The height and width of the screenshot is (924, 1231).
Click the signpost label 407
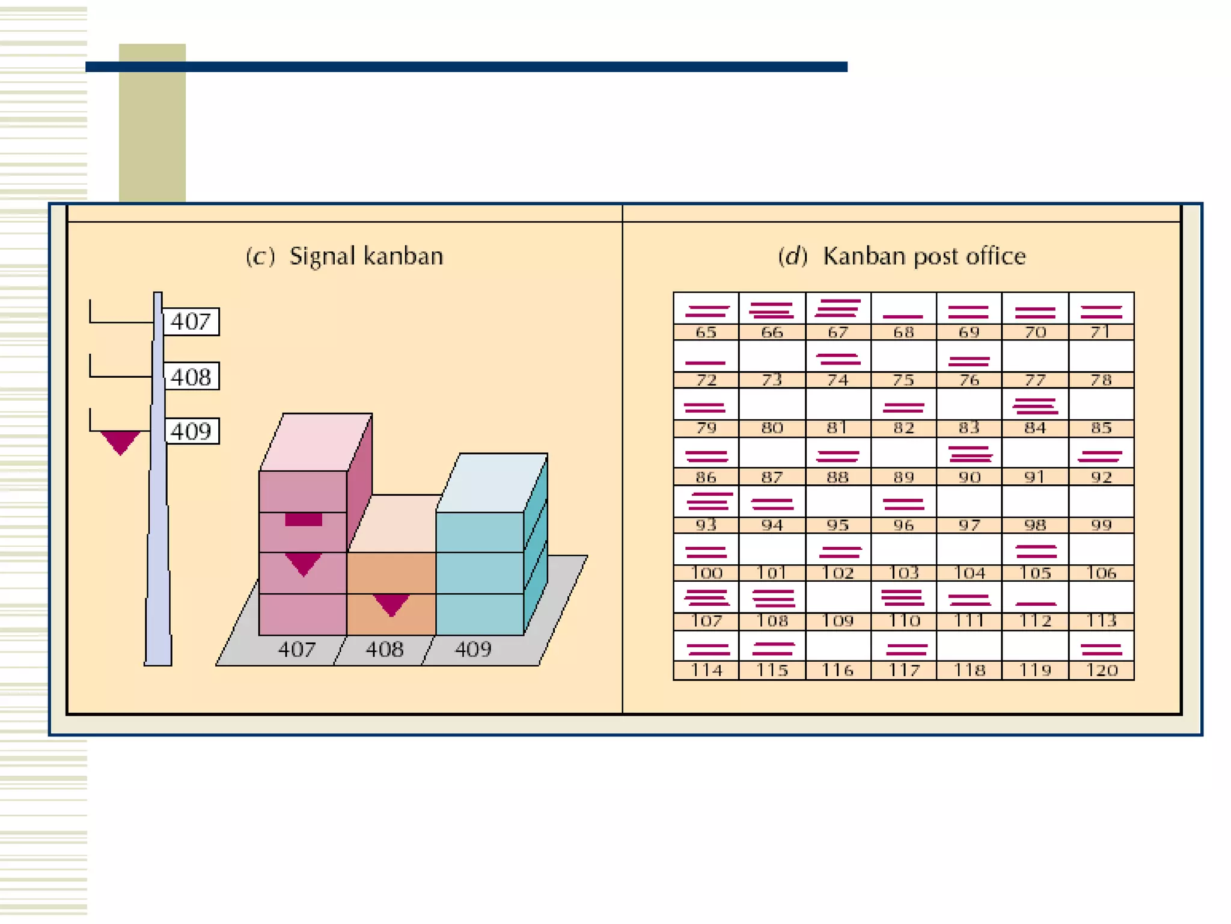click(x=191, y=321)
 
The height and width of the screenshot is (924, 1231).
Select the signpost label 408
click(x=191, y=377)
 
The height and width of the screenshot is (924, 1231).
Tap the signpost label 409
click(x=191, y=431)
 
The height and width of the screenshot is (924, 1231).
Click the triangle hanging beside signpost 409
click(x=120, y=441)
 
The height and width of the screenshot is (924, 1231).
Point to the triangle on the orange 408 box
click(x=391, y=603)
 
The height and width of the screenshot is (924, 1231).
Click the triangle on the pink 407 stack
click(x=303, y=563)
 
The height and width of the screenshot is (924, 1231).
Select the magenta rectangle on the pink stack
click(x=304, y=519)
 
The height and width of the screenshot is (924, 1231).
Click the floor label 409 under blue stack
click(x=473, y=649)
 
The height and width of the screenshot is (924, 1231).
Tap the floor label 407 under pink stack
click(x=296, y=649)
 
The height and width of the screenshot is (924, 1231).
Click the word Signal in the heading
click(x=322, y=256)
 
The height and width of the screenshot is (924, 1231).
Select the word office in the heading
click(x=996, y=256)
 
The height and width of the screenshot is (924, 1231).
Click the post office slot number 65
click(x=706, y=332)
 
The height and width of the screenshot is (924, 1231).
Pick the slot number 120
click(x=1101, y=670)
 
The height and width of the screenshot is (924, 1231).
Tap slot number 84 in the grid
click(x=1035, y=428)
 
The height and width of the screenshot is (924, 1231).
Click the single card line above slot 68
click(x=903, y=316)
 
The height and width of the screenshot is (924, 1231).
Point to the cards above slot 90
click(x=970, y=454)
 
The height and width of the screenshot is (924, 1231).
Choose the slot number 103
click(x=903, y=573)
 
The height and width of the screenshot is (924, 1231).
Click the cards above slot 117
click(x=906, y=649)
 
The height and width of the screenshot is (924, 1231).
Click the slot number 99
click(x=1101, y=525)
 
